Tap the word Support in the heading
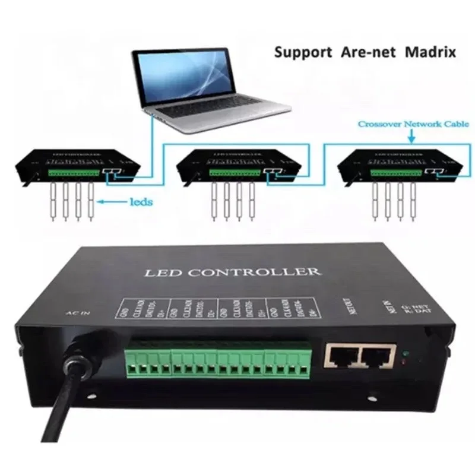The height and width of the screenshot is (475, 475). coord(303,52)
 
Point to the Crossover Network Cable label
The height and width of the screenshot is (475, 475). coord(413,125)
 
